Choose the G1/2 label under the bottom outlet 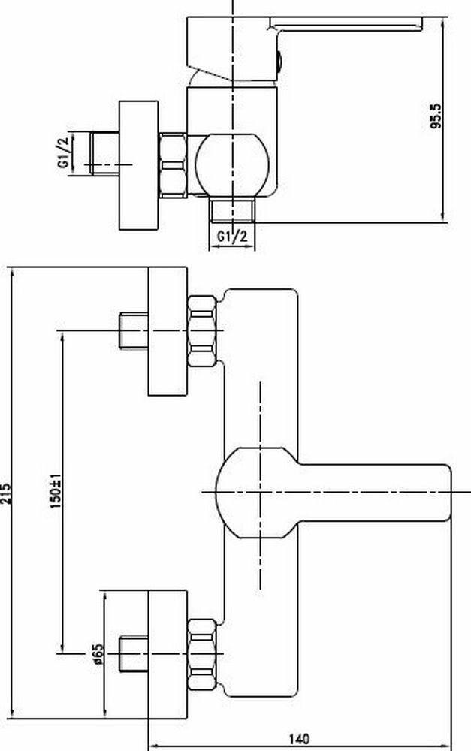pos(232,237)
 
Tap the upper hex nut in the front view pos(204,330)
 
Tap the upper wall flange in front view pos(167,330)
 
